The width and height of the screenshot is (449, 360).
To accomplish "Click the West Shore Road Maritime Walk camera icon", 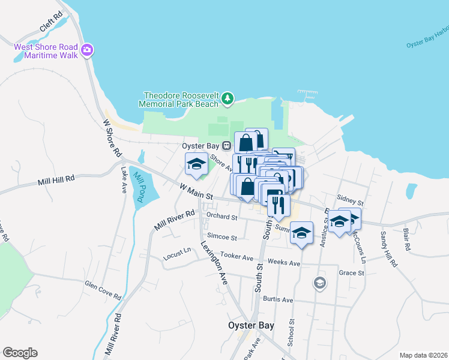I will click(x=88, y=49).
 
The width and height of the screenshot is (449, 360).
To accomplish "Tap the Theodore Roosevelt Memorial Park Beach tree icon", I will click(x=227, y=98).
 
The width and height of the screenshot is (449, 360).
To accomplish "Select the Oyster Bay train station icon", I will click(x=226, y=145).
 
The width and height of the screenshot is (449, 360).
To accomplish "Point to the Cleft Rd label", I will click(x=51, y=22).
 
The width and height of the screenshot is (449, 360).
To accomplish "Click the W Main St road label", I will click(x=196, y=192).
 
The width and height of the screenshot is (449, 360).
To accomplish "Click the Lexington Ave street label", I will click(x=214, y=262).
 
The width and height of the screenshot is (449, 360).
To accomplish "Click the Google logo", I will click(x=20, y=353).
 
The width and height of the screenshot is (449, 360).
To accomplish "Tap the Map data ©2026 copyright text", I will click(x=423, y=355).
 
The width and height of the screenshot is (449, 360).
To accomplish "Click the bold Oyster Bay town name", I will click(x=251, y=326).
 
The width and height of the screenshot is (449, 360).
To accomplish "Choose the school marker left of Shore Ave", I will click(x=196, y=164).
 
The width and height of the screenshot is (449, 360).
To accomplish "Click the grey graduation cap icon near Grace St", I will click(x=320, y=283).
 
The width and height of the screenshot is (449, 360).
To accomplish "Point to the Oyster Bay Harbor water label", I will click(x=427, y=37).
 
